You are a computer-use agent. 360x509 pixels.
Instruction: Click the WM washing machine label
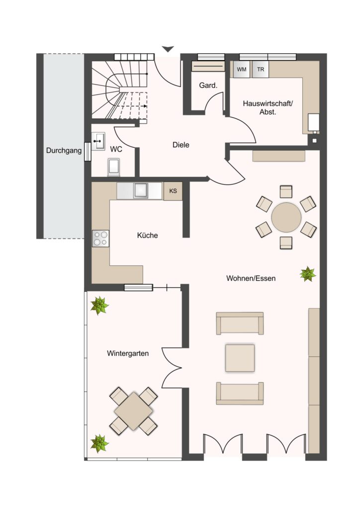click(x=242, y=70)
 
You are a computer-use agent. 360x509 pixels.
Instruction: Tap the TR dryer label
click(x=261, y=70)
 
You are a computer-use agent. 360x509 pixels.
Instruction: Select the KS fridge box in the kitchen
click(x=173, y=191)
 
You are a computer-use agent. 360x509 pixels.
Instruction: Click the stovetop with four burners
click(x=100, y=238)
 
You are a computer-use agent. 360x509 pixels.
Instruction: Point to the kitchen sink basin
click(x=141, y=190)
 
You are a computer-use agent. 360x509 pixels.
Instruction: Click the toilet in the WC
click(x=113, y=167)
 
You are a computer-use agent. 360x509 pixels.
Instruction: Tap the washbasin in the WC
click(x=98, y=141)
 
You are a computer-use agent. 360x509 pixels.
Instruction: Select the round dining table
click(x=286, y=218)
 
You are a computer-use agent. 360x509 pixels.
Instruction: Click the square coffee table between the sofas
click(x=240, y=358)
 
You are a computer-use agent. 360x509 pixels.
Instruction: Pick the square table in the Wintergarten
click(x=134, y=411)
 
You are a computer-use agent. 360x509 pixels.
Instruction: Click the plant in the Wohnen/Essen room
click(x=307, y=274)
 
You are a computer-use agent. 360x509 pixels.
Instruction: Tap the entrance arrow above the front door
click(x=168, y=49)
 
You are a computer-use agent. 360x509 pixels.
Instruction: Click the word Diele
click(x=181, y=145)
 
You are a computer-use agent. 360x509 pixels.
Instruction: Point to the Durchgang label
click(x=64, y=151)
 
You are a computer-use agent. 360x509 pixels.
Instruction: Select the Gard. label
click(x=208, y=85)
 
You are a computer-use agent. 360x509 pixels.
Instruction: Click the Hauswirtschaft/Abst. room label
click(x=268, y=108)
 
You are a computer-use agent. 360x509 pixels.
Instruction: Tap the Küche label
click(x=147, y=235)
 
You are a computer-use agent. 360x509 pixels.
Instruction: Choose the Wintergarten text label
click(x=128, y=353)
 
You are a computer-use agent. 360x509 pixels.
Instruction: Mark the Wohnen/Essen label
click(x=251, y=278)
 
